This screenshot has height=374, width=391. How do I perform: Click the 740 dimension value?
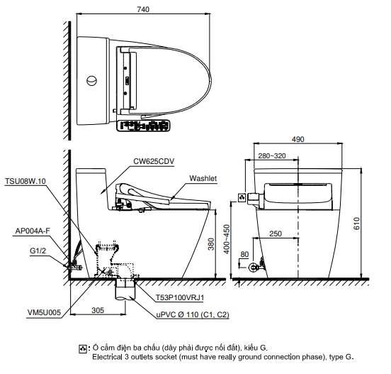[143, 9]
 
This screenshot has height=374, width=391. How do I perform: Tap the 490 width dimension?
[297, 139]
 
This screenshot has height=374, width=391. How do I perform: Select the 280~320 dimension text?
[272, 156]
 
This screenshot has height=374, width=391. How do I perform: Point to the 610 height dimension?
[357, 224]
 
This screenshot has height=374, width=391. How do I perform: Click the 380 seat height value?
[211, 244]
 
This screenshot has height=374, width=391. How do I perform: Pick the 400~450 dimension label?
[227, 239]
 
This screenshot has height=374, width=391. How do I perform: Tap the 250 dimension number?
[276, 233]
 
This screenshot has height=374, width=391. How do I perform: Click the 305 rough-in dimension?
[98, 310]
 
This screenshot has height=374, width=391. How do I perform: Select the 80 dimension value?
[244, 254]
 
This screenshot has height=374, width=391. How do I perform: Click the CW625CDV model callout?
[154, 161]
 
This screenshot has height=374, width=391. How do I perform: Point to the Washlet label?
[203, 178]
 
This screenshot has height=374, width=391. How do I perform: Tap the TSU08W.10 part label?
[25, 181]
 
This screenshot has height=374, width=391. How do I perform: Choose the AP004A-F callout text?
[33, 231]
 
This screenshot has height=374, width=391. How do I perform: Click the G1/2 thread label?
[38, 251]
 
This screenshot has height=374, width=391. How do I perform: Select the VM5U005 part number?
[44, 312]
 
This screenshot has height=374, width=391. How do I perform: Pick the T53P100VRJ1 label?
[179, 297]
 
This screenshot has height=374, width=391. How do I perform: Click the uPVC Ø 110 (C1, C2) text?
[193, 314]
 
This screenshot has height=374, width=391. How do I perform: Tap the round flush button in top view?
[92, 81]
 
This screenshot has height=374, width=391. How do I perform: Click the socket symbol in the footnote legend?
[83, 348]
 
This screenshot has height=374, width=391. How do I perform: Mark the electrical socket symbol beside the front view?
[242, 198]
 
